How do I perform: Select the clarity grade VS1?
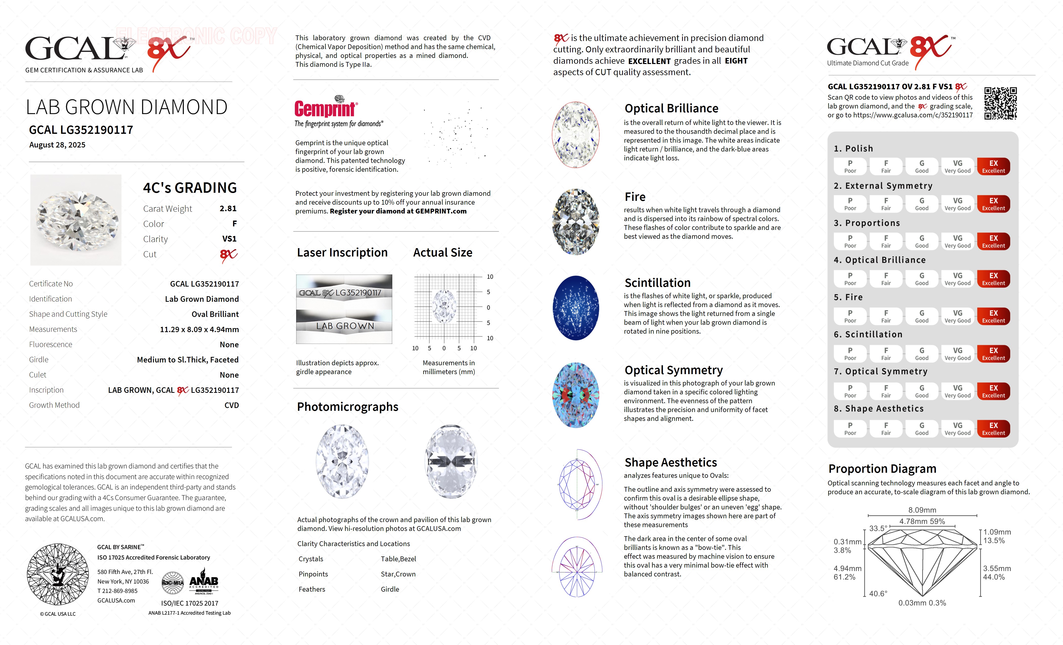tap(229, 239)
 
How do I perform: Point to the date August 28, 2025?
tap(57, 145)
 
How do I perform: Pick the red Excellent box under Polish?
tap(993, 166)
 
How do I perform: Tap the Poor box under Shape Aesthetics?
tap(850, 428)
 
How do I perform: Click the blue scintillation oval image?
tap(576, 308)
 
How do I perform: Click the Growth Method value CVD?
tap(232, 405)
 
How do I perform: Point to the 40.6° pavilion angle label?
tap(878, 594)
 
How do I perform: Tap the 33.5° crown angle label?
tap(878, 529)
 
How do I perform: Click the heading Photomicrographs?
tap(347, 407)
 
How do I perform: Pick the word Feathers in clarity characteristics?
tap(312, 589)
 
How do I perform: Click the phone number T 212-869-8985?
tap(117, 591)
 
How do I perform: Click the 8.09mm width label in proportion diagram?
tap(922, 510)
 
